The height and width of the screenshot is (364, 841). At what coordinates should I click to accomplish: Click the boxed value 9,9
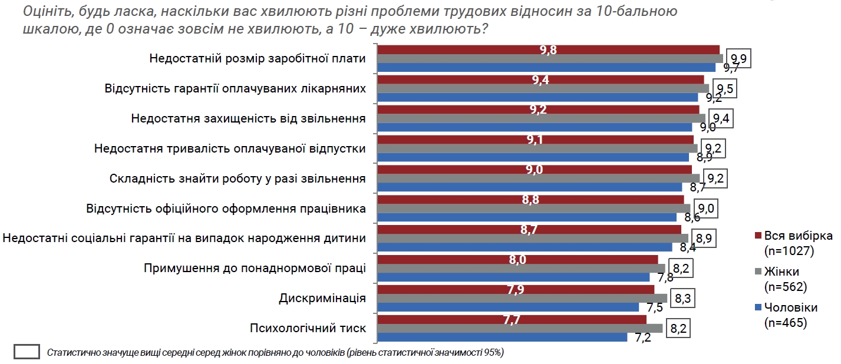pos(738,58)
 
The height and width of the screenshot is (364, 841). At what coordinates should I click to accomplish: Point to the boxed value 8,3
pos(682,299)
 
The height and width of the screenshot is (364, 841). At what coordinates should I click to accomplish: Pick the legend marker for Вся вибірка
pos(757,236)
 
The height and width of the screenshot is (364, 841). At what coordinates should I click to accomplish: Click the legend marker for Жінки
pos(757,272)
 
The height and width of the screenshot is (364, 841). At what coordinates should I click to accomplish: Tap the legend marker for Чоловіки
pos(757,307)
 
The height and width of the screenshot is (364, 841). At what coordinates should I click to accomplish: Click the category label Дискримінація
pos(322,298)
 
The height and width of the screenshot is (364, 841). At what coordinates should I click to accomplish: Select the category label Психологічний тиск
pos(308,328)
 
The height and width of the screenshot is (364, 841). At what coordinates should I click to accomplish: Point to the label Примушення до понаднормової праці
pos(255,268)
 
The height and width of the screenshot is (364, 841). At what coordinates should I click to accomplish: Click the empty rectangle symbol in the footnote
pos(27,352)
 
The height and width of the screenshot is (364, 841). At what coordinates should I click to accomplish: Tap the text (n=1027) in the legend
pos(789,251)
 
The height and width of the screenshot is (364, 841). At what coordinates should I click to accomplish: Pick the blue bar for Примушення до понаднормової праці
pos(513,277)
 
